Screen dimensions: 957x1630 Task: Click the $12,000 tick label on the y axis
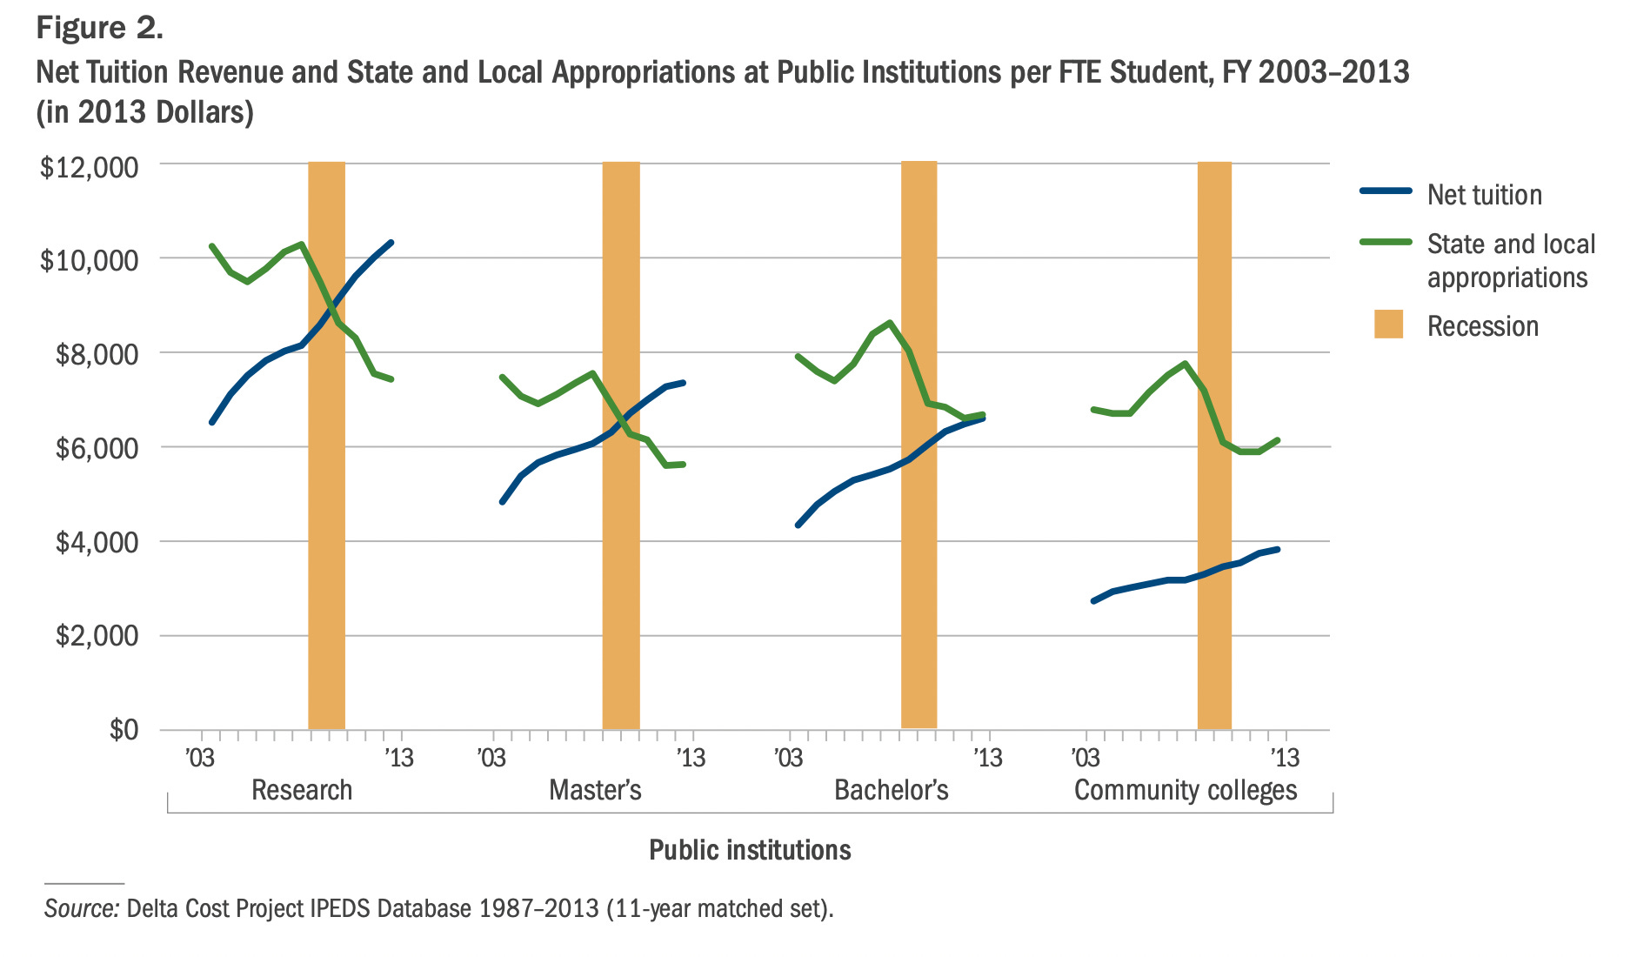pos(89,166)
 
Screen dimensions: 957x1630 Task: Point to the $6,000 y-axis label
pos(97,448)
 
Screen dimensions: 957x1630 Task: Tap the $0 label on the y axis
pos(123,729)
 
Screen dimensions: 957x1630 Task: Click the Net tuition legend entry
pos(1484,195)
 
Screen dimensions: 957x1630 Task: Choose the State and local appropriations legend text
pos(1511,260)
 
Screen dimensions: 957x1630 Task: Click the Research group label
pos(302,790)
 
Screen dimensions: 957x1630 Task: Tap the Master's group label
pos(595,790)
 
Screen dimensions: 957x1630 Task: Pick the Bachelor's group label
pos(891,790)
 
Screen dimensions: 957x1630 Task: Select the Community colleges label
pos(1185,790)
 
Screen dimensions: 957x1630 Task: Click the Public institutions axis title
pos(750,850)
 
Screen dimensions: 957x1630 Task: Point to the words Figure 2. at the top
pos(99,28)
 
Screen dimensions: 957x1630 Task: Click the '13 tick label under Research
pos(399,758)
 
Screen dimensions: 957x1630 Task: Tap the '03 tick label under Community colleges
pos(1085,758)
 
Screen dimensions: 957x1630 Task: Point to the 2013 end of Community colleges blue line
pos(1277,549)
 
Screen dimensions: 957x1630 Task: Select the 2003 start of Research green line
pos(212,246)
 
